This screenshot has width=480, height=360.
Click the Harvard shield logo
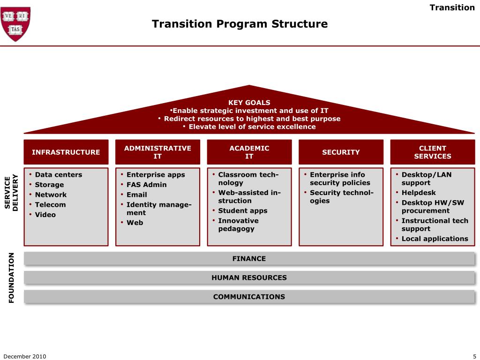point(16,23)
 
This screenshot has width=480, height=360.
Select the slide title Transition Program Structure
point(240,23)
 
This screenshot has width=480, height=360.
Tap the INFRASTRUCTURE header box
point(66,152)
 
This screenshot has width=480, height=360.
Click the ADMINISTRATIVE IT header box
point(157,152)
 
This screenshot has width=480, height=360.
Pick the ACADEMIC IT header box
point(249,152)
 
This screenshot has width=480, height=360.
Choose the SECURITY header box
point(341,152)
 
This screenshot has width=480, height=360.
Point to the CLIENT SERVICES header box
point(433,152)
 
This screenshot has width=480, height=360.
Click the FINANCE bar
point(249,259)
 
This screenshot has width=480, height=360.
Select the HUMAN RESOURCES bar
point(249,277)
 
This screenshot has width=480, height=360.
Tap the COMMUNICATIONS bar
point(249,297)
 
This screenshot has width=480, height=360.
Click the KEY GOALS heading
point(249,102)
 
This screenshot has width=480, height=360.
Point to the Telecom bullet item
point(50,205)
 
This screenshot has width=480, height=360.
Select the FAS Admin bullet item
point(146,185)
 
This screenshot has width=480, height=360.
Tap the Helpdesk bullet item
point(419,193)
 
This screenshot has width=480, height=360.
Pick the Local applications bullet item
point(435,239)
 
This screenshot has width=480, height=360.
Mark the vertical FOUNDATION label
point(12,277)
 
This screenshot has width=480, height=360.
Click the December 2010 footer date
point(25,356)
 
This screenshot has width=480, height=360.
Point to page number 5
point(474,356)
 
